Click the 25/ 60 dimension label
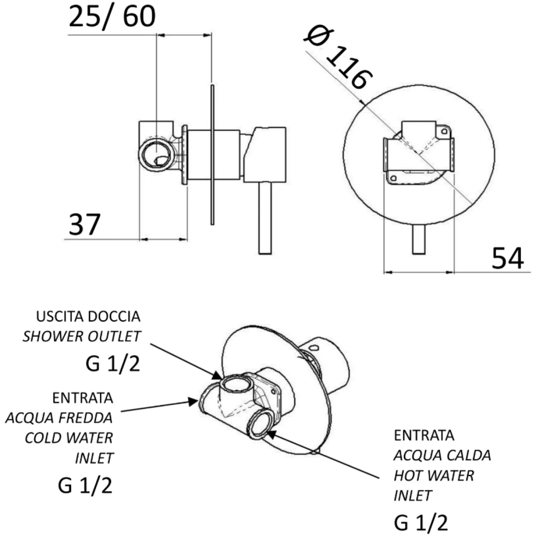coord(112,17)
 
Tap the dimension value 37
coord(84,224)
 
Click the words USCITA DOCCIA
coord(88,317)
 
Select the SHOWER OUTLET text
coord(82,336)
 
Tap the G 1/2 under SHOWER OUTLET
coord(113,364)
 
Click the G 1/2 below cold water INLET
coord(85,486)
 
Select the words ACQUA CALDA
coord(442,456)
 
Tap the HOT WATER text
coord(433,476)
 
